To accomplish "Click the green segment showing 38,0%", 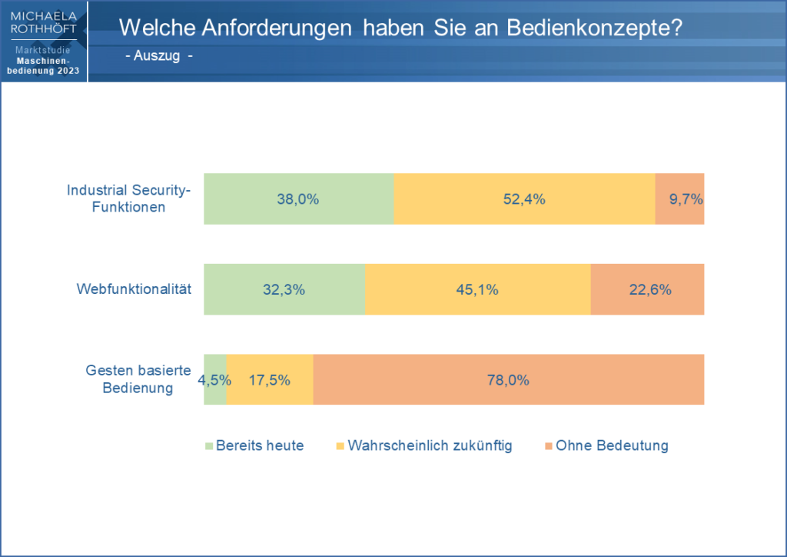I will pos(298,198).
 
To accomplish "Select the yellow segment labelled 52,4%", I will pos(523,198).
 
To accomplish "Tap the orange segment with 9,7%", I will pos(680,198).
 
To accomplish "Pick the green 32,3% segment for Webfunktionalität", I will pos(284,289).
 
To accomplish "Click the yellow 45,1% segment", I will pos(477,289).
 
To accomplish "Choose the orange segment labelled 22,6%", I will pos(647,289).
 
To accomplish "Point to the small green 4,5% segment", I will pos(215,379).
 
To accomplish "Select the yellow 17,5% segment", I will pos(270,379).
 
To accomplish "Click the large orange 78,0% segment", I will pos(508,379).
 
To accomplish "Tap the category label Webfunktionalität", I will pos(134,289).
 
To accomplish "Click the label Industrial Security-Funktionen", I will pos(128,198).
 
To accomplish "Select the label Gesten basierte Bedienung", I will pos(138,379).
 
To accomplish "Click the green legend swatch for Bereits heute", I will pos(208,445).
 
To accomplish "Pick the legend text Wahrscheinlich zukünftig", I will pos(430,445).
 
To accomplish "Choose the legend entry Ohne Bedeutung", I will pos(613,445).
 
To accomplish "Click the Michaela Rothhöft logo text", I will pos(44,22).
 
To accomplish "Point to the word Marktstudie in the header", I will pos(44,50).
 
